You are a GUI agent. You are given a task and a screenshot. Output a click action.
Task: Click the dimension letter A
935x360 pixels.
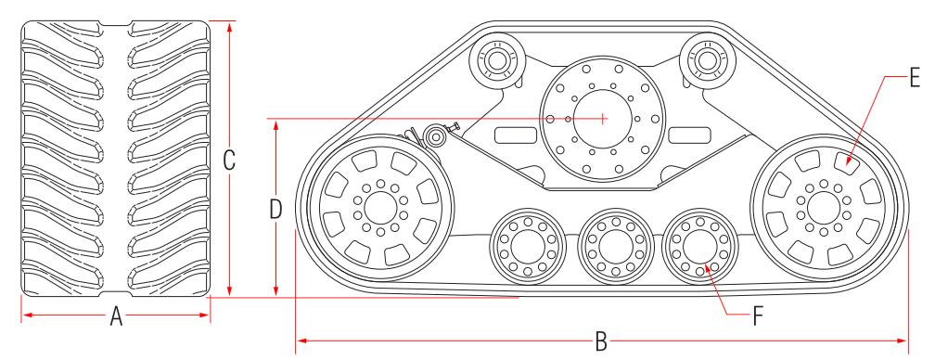point(116,316)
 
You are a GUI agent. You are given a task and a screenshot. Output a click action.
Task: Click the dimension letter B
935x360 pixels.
point(601,342)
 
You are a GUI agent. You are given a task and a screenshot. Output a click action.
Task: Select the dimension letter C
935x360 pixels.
point(229,160)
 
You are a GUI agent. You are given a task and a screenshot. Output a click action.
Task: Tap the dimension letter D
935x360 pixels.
point(275,209)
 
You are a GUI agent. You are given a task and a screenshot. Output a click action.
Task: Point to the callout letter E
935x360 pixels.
point(916,78)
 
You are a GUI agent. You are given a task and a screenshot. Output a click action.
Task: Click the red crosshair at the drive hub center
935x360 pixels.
point(604,119)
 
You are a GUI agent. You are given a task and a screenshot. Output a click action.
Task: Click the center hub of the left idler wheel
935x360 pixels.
point(380,208)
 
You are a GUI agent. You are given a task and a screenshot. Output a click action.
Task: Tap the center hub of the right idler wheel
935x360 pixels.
point(824,206)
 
